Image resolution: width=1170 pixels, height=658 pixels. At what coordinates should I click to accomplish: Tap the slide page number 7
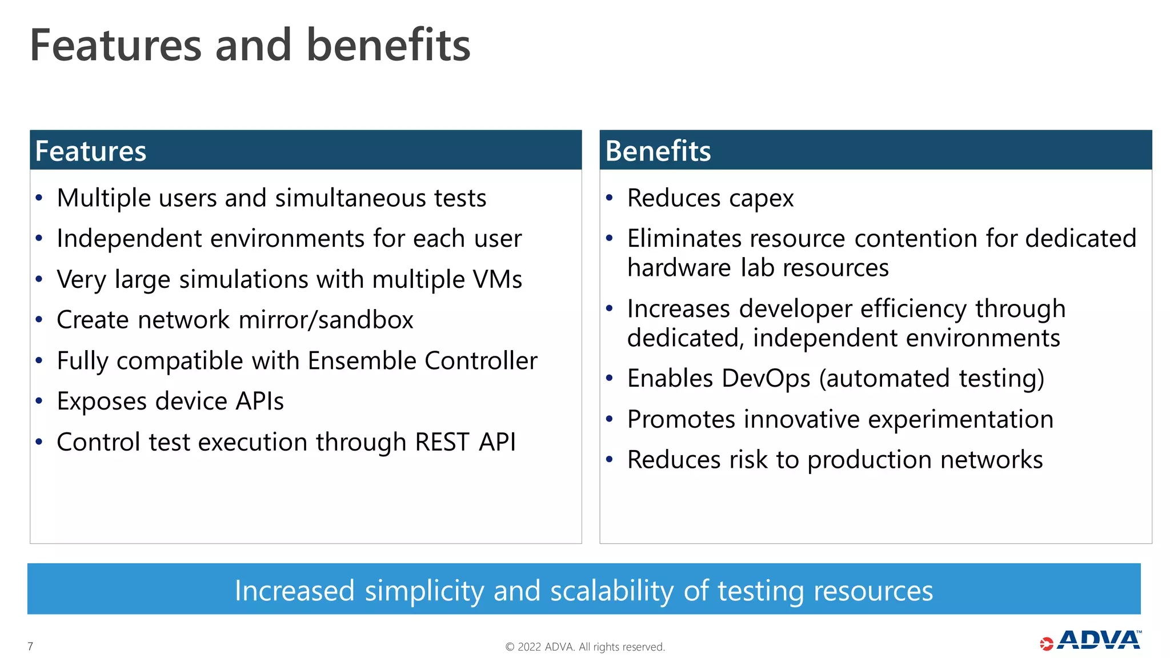click(x=30, y=646)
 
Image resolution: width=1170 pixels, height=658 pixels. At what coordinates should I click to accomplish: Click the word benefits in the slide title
click(x=388, y=45)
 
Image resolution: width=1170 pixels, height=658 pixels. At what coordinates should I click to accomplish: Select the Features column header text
click(x=91, y=151)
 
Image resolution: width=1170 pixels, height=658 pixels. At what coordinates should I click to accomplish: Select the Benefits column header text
click(x=658, y=151)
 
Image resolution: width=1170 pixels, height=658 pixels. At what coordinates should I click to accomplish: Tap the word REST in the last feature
click(x=442, y=442)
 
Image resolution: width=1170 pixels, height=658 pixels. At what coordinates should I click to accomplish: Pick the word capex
click(x=761, y=199)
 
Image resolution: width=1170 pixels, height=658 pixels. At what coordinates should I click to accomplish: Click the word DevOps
click(x=766, y=379)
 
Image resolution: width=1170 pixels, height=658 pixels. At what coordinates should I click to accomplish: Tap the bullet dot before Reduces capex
click(x=610, y=198)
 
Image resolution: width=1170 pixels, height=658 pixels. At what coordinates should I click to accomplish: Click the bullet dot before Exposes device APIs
click(x=39, y=401)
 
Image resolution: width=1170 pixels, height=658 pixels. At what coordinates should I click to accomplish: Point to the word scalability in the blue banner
click(x=611, y=591)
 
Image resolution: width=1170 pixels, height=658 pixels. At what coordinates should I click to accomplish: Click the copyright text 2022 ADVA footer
click(x=585, y=647)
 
